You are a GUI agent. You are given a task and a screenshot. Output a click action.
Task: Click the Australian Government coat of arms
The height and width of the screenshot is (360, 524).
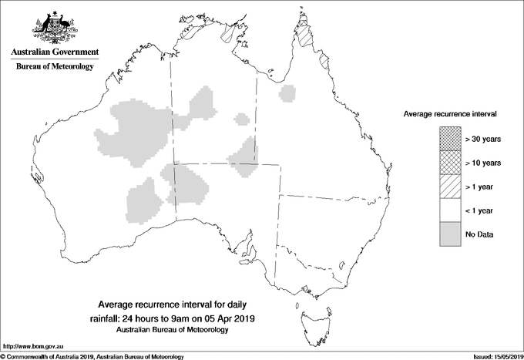coord(54,27)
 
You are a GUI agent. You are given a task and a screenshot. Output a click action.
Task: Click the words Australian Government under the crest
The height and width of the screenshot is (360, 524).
coord(55,52)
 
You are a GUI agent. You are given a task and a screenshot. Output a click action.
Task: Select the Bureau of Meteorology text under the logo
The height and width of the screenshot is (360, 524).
coord(55,67)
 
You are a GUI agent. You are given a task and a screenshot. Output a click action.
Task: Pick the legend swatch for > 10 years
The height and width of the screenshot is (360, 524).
coord(450,162)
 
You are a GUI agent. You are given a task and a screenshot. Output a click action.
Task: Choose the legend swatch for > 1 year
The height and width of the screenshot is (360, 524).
coord(450,186)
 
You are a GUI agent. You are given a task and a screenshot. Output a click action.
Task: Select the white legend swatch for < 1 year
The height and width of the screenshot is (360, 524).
coord(450,210)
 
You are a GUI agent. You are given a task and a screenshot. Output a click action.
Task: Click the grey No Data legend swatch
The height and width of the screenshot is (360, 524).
coord(450,234)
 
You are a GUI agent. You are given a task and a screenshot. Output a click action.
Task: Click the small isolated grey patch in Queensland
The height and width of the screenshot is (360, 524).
coord(288,94)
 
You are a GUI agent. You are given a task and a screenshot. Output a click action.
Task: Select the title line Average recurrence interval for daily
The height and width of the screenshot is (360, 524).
coord(182,305)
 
